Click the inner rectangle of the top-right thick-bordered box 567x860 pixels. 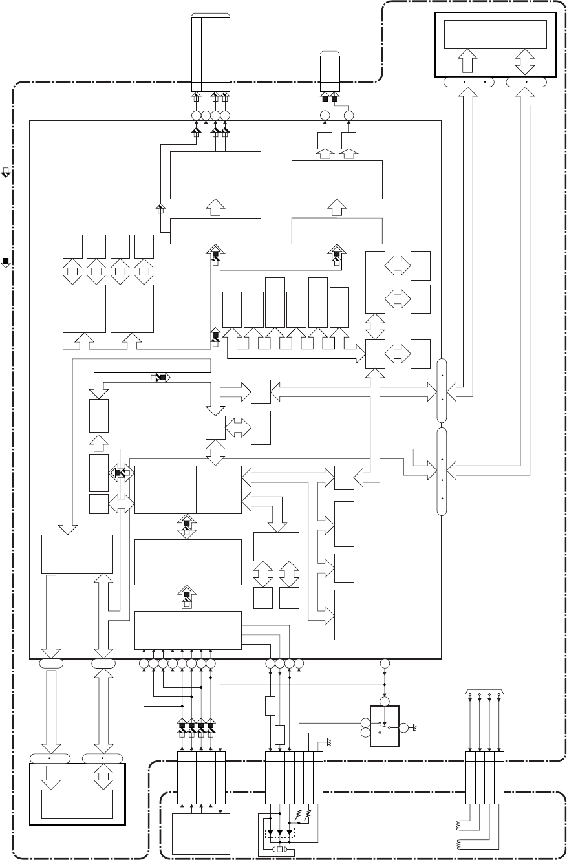495,34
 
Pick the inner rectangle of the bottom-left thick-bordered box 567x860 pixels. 77,804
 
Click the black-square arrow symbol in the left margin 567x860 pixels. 6,262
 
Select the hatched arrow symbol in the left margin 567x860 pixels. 6,173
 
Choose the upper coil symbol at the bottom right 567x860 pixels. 460,824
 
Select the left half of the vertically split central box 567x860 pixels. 165,489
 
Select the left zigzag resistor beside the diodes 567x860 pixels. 299,812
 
